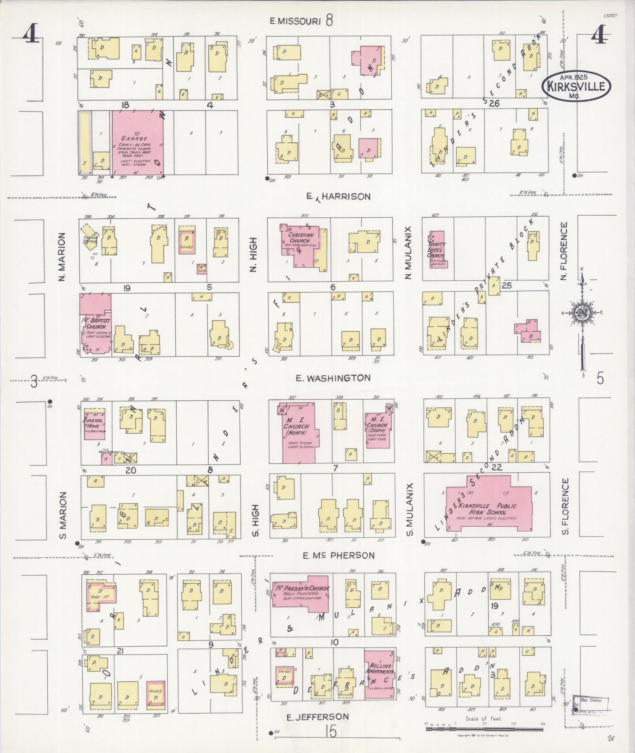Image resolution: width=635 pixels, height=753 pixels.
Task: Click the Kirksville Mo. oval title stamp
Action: tap(577, 85)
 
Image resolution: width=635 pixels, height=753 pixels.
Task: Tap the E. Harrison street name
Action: tap(339, 196)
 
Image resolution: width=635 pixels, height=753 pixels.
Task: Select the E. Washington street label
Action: tap(333, 378)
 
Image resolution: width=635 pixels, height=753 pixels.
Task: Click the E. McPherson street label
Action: tap(338, 555)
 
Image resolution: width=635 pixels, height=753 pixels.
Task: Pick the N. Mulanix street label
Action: tap(408, 252)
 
